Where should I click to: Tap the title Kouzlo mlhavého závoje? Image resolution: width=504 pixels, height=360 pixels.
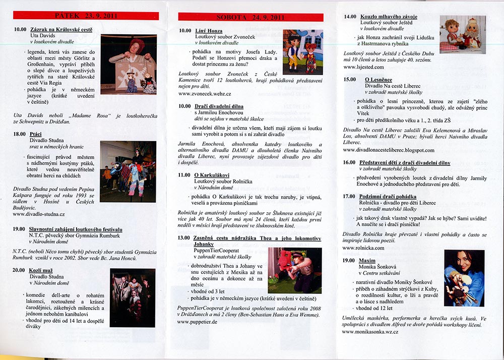pos(389,17)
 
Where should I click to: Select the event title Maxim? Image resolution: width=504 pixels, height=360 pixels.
pos(367,260)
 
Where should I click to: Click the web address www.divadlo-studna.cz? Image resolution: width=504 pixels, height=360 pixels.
pos(40,214)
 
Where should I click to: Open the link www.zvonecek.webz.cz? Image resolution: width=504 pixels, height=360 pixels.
pos(205,94)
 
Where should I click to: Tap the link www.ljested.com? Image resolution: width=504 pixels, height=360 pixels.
pos(362,67)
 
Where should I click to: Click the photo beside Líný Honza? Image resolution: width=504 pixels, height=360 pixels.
pos(302,52)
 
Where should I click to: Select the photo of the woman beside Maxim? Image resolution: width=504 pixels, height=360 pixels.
pos(464,278)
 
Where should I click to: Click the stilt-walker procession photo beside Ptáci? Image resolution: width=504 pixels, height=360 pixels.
pos(128,171)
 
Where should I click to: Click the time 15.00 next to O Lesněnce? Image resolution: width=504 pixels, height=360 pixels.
pos(350,79)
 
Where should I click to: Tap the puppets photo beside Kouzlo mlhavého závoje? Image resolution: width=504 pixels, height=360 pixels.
pos(462,33)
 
